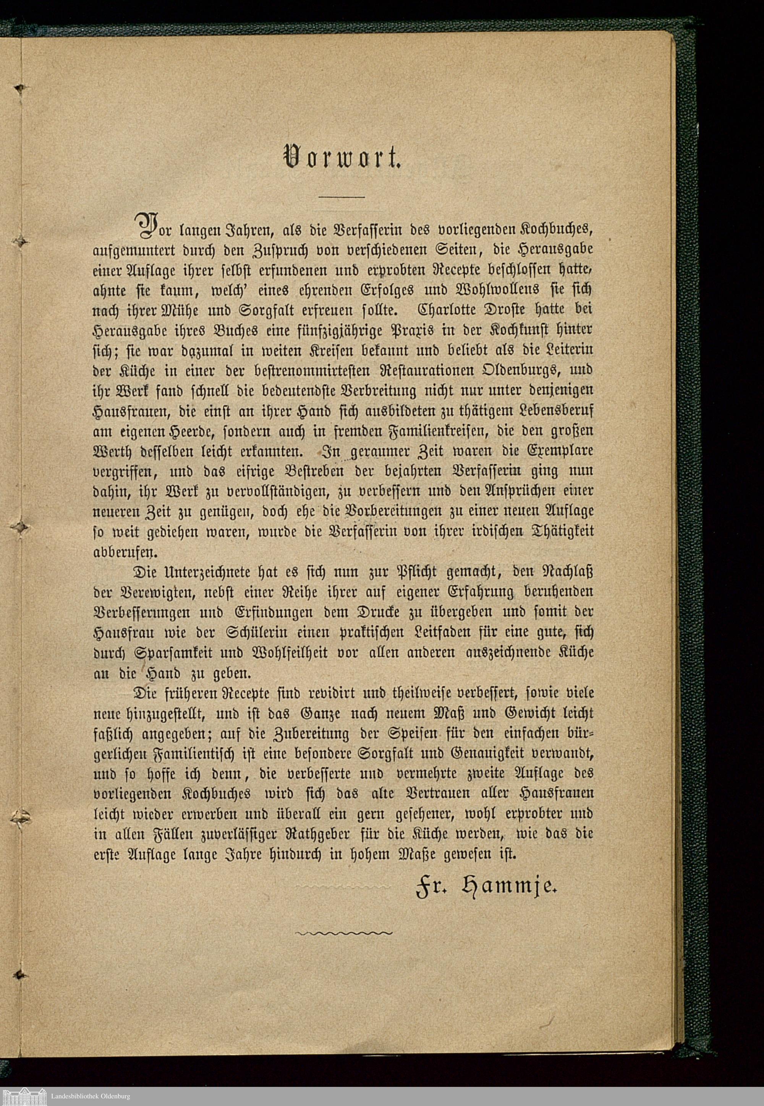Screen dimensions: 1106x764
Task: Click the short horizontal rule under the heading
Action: (342, 197)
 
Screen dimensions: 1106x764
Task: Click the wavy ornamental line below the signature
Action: (344, 932)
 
